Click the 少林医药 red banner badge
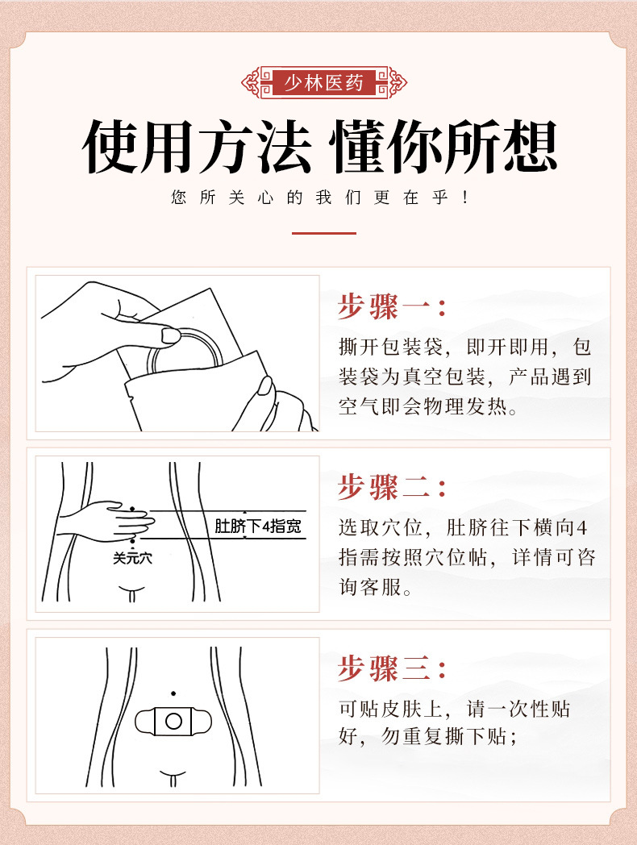[324, 82]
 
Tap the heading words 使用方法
[198, 147]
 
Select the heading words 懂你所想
[444, 147]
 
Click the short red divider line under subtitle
[323, 233]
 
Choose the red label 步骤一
[392, 306]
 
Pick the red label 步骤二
[392, 487]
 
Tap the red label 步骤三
[392, 668]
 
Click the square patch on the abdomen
[173, 720]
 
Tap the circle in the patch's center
[173, 720]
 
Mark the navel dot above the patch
[173, 693]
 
